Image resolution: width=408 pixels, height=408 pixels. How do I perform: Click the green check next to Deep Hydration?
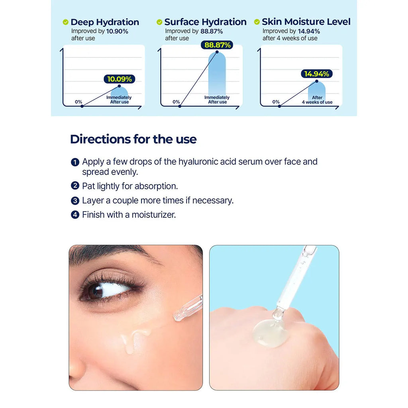coord(66,22)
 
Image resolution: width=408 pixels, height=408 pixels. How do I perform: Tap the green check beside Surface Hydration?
coord(159,22)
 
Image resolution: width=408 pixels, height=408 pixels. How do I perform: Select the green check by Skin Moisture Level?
coord(257,22)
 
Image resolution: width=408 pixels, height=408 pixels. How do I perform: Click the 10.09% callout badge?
coord(120,79)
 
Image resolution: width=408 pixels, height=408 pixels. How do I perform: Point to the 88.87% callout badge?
coord(217,45)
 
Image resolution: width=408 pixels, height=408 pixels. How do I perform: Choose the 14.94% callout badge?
coord(317,74)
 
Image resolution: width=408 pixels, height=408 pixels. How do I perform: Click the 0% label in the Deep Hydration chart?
coord(78,102)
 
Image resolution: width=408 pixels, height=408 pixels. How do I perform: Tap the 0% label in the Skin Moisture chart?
coord(276,102)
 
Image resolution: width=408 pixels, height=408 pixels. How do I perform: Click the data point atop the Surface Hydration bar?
coord(217,52)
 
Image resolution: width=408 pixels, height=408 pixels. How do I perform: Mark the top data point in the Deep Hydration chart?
coord(119,86)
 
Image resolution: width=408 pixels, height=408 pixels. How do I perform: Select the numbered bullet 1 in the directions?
coord(75,162)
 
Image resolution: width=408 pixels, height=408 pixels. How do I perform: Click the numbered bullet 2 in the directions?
coord(75,186)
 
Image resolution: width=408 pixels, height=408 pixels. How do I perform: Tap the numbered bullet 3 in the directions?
coord(75,201)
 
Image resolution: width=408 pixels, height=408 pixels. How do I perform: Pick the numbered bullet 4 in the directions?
coord(75,215)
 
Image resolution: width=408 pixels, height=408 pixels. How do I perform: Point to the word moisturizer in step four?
coord(154,215)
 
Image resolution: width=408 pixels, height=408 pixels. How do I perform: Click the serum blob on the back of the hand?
coord(270,333)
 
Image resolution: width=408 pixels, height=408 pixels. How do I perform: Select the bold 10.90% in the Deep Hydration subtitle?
coord(117,31)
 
